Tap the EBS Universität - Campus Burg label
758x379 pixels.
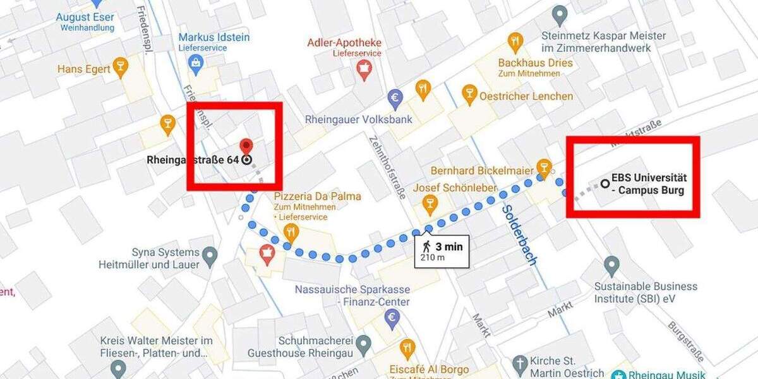point(648,184)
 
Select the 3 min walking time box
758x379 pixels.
point(442,251)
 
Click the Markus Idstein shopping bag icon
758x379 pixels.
point(196,62)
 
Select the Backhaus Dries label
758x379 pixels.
point(535,63)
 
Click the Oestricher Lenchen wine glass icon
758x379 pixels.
point(469,94)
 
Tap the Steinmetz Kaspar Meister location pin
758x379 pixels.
point(559,14)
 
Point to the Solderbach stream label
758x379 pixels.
point(519,234)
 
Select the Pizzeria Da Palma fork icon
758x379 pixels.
point(291,232)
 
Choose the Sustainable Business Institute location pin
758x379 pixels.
point(611,265)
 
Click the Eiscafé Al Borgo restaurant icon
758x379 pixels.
point(407,347)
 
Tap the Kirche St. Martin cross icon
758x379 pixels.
point(520,363)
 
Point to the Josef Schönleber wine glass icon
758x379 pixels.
point(430,203)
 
